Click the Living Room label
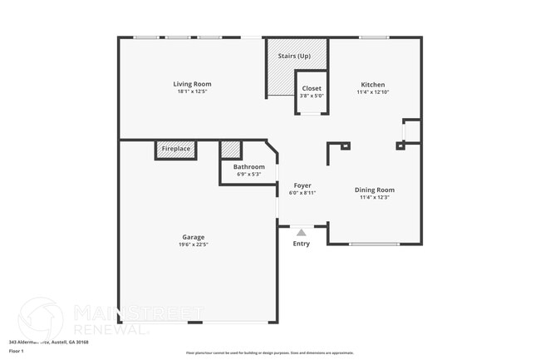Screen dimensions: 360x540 coord(192,84)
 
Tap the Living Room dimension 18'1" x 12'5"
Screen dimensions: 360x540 coord(192,91)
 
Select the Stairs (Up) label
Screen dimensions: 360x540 coord(294,56)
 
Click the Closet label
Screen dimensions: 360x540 coord(312,88)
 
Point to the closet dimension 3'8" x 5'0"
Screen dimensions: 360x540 coord(312,96)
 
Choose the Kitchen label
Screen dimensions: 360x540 coord(372,84)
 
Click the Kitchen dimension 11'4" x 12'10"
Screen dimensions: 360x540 coord(372,91)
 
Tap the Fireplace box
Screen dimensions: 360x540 coord(176,149)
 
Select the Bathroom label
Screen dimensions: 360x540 coord(248,166)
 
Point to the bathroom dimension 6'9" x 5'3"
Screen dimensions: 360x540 coord(248,174)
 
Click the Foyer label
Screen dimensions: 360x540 coord(302,185)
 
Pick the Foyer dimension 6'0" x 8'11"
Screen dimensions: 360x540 coord(302,192)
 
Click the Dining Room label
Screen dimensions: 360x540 coord(375,189)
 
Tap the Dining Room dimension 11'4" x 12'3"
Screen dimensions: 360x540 coord(375,197)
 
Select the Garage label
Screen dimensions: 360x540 coord(193,237)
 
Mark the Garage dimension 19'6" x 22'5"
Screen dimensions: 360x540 coord(193,244)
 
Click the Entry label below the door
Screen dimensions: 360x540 coord(302,244)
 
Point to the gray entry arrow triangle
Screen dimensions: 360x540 coord(302,233)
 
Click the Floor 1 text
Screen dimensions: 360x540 coord(17,351)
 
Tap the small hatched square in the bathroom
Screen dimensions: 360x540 coord(231,150)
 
